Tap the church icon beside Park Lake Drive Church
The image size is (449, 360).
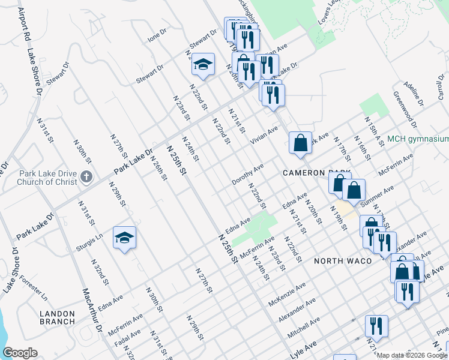click(86, 176)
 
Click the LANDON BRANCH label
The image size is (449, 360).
click(58, 317)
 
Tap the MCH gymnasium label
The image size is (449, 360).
click(418, 139)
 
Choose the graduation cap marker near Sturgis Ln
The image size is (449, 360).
click(124, 239)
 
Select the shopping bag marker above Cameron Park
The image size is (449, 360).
click(300, 143)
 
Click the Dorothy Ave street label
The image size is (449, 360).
click(248, 175)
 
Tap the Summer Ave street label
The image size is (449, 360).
click(378, 193)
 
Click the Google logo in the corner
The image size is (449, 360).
click(20, 353)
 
